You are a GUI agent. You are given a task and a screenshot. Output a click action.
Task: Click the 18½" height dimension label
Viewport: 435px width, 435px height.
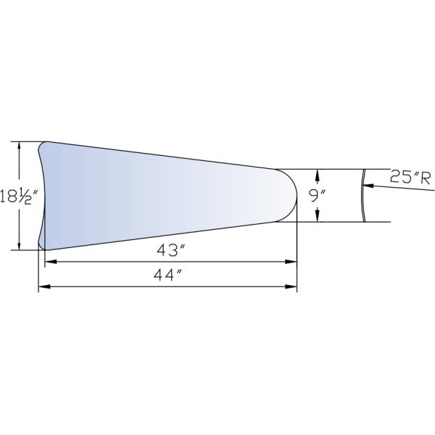tap(18, 196)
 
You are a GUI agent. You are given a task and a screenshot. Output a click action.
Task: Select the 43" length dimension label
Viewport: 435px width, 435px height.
tap(171, 251)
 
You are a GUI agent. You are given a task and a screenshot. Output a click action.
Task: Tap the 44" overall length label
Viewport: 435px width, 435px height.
tap(168, 275)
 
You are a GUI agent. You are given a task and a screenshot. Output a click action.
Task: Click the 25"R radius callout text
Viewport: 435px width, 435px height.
tap(410, 177)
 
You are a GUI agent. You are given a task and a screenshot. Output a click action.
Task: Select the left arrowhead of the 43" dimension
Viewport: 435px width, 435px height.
tap(51, 262)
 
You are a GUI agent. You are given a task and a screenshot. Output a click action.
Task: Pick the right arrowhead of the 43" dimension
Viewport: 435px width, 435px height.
tap(291, 262)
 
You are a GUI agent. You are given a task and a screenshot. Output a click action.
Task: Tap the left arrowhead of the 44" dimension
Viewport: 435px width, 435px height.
tap(44, 286)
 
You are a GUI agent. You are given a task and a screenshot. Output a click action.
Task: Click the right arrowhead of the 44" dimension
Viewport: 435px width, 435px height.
tap(291, 286)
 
